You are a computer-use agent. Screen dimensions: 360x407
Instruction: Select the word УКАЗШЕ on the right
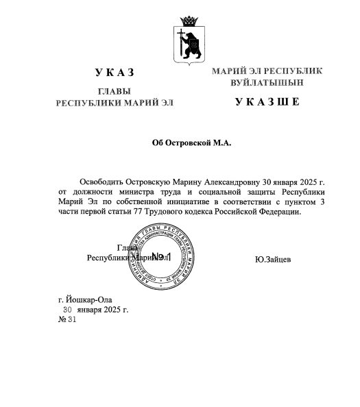267,103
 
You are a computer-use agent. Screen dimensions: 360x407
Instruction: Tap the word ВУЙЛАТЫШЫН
267,82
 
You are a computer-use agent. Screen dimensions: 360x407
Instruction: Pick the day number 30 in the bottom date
67,310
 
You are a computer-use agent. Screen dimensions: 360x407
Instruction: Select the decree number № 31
68,320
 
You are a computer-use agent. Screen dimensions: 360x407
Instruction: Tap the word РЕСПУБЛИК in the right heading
293,71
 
